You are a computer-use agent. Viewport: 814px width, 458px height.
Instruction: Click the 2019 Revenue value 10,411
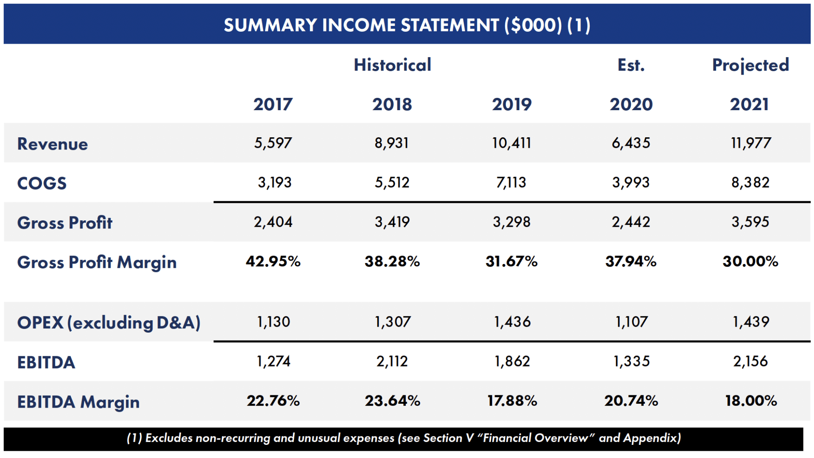point(511,143)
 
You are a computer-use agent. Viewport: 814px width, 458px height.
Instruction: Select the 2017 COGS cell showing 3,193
point(275,183)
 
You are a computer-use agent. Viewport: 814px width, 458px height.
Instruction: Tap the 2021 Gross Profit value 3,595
point(750,222)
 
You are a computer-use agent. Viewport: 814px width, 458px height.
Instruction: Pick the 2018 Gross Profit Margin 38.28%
point(392,261)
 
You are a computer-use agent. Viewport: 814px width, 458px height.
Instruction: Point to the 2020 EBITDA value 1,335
point(631,361)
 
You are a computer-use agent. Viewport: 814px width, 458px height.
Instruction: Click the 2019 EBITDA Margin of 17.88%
point(512,401)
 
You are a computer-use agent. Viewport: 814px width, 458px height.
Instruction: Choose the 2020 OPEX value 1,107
point(631,322)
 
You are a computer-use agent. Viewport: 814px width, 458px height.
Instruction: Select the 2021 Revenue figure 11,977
point(750,143)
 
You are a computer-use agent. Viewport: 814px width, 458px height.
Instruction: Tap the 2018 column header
point(392,104)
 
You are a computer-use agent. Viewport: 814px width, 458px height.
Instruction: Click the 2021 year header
point(749,104)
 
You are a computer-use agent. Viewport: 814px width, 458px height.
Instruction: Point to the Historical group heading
point(393,65)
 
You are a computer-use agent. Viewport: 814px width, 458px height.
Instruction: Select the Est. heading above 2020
point(631,65)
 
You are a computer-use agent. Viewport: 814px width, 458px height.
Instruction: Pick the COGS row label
point(42,183)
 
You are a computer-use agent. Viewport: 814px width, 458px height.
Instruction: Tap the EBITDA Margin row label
point(78,402)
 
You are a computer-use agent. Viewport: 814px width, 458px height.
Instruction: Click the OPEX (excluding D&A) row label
point(109,323)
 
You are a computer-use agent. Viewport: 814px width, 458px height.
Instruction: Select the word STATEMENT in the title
point(450,25)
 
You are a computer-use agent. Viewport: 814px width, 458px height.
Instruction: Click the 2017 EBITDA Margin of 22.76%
point(273,401)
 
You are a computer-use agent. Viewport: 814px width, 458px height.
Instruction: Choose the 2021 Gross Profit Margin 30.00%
point(750,261)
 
